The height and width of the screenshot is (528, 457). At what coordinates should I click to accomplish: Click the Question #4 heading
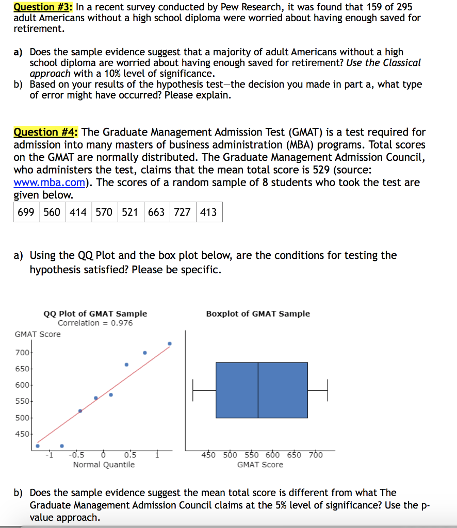coord(45,132)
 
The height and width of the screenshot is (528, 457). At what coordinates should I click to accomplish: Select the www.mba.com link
coord(46,182)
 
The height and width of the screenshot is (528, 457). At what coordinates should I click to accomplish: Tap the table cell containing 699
coord(26,212)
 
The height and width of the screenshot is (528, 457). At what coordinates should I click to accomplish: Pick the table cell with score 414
coord(78,212)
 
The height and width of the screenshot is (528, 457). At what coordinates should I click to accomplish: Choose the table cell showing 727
coord(182,212)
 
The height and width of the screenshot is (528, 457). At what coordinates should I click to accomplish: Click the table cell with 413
coord(208,212)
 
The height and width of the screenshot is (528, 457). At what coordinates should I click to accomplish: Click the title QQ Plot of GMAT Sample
coord(95,313)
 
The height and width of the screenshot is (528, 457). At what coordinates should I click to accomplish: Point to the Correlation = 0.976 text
coord(95,323)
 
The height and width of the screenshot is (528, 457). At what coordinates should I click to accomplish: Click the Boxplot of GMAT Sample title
coord(258,313)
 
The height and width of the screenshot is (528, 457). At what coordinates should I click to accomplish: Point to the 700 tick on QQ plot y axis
coord(24,353)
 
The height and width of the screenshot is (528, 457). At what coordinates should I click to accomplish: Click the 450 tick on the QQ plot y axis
coord(24,434)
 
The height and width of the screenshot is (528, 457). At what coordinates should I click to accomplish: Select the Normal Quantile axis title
coord(104,465)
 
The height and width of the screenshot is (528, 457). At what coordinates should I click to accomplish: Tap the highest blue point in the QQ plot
coord(170,343)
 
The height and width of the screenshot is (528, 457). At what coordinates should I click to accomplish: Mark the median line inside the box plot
coord(258,390)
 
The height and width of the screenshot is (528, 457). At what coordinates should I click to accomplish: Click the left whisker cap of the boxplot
coord(193,390)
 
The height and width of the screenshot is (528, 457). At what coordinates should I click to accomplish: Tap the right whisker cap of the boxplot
coord(327,390)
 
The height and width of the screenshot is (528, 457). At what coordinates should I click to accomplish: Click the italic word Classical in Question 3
coord(401,62)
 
